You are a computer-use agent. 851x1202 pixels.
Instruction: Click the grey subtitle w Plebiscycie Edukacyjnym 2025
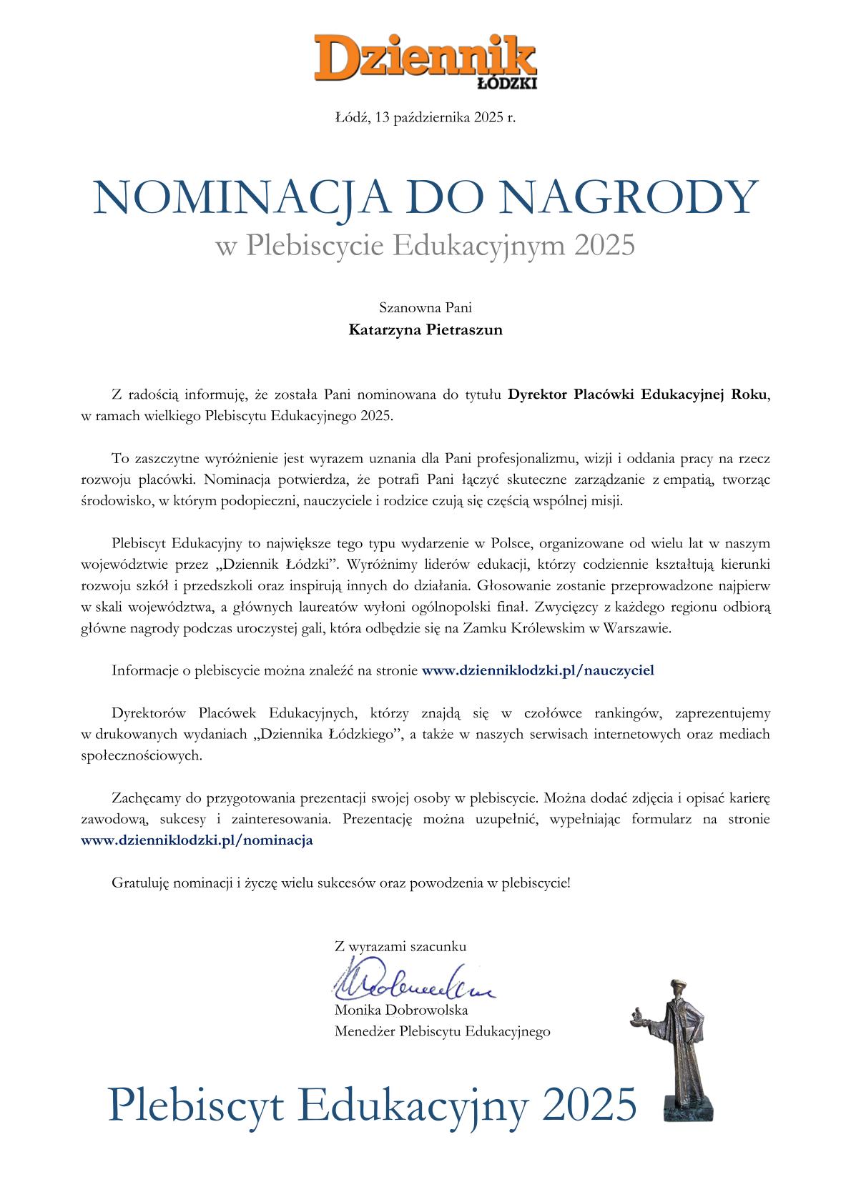point(425,245)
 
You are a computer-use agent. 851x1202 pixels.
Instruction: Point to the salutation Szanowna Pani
point(425,309)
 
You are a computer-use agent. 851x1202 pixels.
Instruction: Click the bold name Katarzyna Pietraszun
point(425,330)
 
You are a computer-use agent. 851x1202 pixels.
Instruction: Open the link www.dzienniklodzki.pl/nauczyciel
point(538,670)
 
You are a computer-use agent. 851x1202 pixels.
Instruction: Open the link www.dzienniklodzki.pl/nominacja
point(197,840)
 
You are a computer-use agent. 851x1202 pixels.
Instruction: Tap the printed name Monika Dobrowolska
point(401,1010)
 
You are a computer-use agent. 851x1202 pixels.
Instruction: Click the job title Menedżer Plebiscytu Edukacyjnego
point(442,1031)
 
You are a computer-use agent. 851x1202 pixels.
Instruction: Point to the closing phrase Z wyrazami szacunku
point(400,946)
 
